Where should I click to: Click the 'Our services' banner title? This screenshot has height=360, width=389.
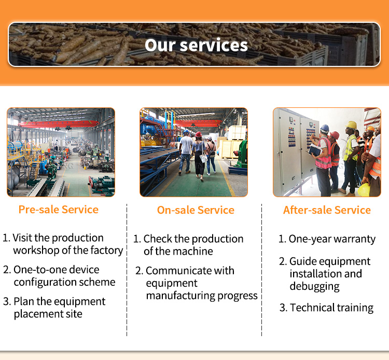(x=196, y=45)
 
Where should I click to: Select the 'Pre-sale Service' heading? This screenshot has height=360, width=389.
(x=59, y=210)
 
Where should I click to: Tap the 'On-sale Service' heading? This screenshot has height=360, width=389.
(x=196, y=210)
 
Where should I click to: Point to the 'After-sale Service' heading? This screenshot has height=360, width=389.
(x=327, y=210)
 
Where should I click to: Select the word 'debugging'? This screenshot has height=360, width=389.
(x=315, y=286)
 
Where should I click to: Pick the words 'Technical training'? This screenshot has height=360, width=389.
(x=332, y=308)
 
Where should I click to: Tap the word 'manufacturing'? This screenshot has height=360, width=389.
(x=180, y=296)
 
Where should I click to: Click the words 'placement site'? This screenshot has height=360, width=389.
(x=48, y=314)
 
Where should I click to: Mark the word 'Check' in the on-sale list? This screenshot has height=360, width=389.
(x=158, y=239)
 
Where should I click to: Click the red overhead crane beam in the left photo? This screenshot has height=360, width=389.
(x=60, y=123)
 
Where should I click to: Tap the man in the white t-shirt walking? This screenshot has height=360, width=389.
(x=186, y=153)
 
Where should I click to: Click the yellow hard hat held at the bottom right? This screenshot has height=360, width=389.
(x=364, y=190)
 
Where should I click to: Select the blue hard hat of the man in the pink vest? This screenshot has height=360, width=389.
(x=325, y=129)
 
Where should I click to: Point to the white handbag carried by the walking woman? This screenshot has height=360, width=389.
(x=204, y=158)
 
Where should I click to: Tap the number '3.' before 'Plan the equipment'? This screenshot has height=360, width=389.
(x=7, y=302)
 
